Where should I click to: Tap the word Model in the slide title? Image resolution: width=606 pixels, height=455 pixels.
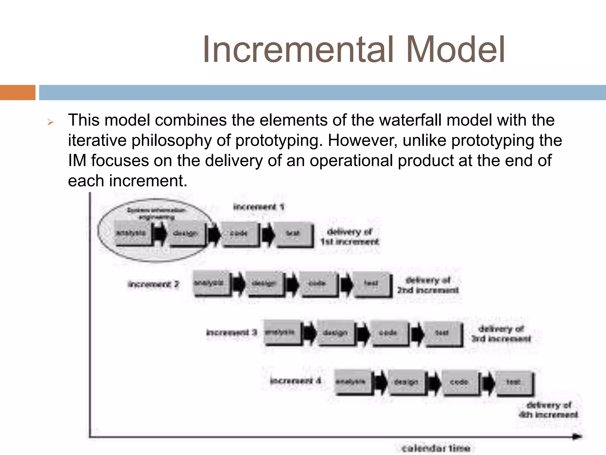coord(456,50)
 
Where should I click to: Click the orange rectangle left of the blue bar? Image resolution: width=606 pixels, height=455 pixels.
coord(17,92)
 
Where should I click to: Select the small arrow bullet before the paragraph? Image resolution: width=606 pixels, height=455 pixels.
coord(50,122)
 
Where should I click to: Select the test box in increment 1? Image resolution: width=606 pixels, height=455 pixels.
coord(294,234)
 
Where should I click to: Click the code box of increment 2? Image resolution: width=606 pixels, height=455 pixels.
coord(318,284)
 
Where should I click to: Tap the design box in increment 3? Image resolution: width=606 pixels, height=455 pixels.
coord(335,333)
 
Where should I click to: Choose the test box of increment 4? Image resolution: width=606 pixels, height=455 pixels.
coord(514,382)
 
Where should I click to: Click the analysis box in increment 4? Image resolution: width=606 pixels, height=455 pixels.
coord(352,382)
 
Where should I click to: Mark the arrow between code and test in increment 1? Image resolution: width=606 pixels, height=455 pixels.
coord(268,234)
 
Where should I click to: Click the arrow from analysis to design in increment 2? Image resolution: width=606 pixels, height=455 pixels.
coord(238,284)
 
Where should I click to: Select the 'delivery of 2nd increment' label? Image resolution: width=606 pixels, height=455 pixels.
coord(428,285)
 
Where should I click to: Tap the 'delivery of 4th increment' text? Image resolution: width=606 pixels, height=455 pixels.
coord(549,410)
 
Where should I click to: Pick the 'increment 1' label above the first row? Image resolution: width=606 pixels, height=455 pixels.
coord(259,207)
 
